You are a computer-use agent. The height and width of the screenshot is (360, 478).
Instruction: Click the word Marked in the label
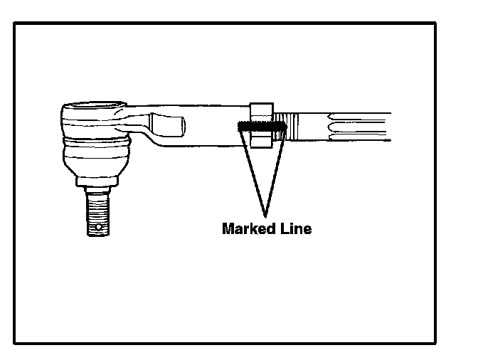[246, 229]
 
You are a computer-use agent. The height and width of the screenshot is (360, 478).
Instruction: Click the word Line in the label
[294, 229]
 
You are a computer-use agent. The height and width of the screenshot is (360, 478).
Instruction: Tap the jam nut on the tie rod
[260, 126]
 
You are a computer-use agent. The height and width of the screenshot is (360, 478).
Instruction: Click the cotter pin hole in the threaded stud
[97, 228]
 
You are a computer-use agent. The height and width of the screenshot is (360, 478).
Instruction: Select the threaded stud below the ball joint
[97, 213]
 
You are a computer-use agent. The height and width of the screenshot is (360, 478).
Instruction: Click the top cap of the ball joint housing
[89, 108]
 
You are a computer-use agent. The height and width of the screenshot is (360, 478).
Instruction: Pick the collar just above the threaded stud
[97, 190]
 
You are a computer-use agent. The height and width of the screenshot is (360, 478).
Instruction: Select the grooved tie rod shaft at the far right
[356, 127]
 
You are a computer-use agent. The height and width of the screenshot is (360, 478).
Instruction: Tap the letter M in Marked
[228, 229]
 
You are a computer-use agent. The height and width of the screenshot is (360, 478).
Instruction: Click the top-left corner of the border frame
[15, 23]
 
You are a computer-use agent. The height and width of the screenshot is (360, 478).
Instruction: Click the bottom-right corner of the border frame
[435, 344]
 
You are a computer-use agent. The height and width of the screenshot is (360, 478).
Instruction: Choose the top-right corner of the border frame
[435, 23]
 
